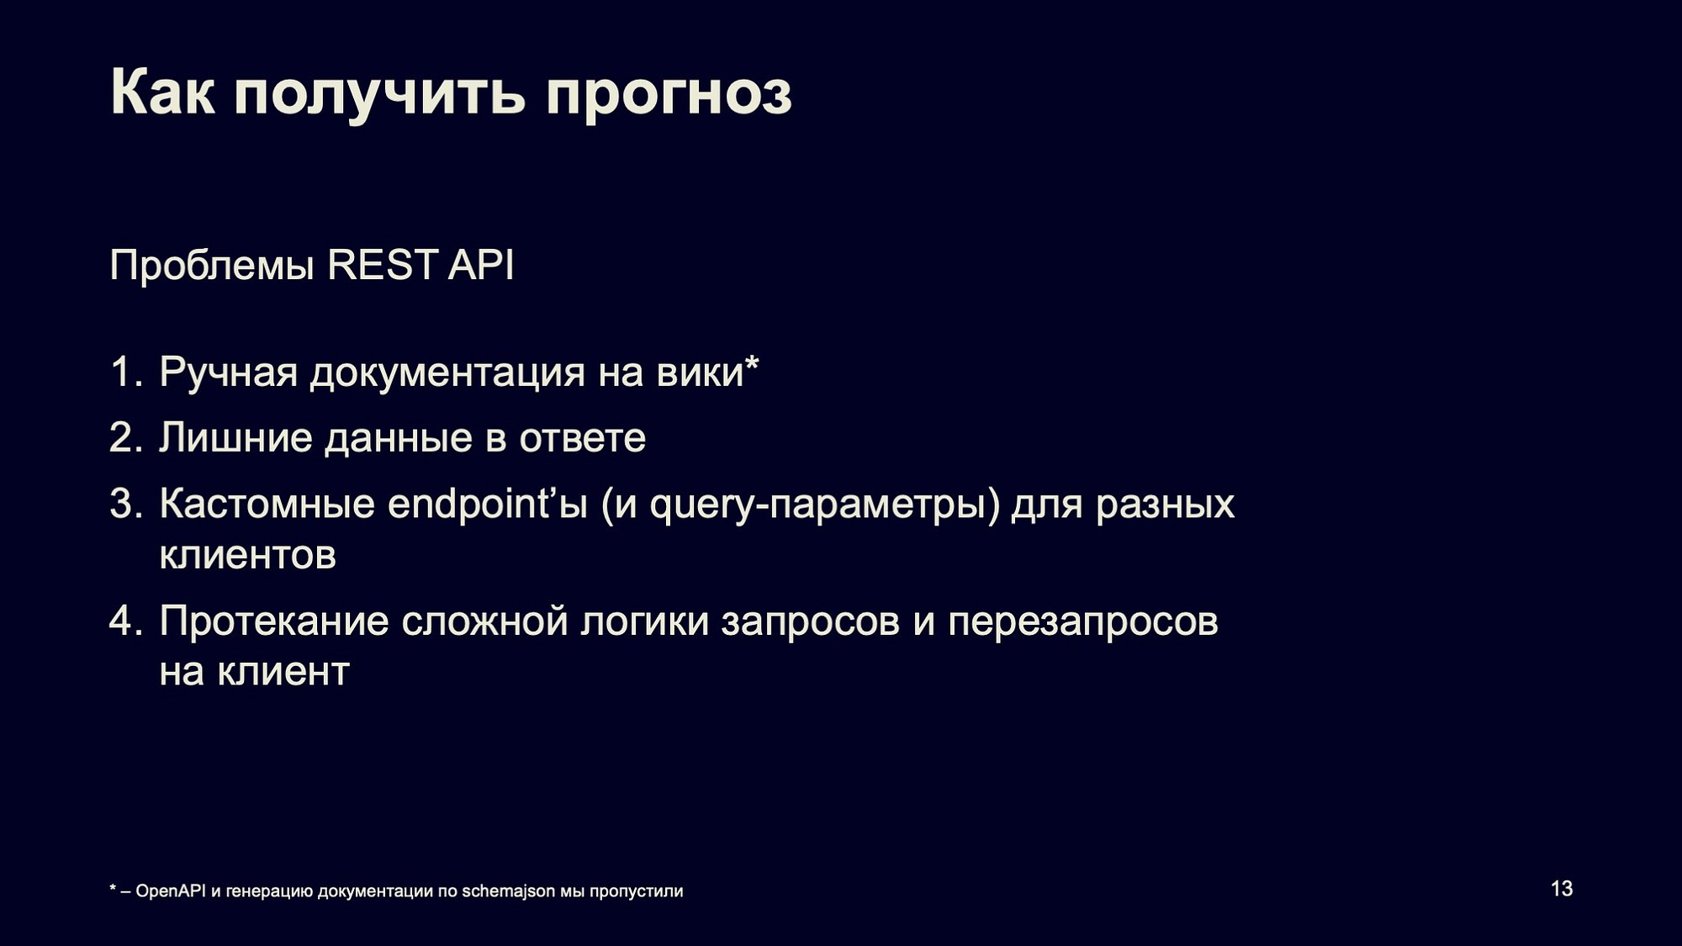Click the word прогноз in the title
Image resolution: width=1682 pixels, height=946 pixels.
point(669,94)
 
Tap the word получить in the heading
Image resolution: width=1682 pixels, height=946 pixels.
point(380,94)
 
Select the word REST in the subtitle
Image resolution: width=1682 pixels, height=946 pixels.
point(383,265)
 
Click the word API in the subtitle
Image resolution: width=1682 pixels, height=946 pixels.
point(480,265)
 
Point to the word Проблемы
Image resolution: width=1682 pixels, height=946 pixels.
point(212,265)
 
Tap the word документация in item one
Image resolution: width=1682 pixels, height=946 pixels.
point(447,373)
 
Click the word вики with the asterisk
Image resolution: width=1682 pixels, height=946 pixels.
point(708,372)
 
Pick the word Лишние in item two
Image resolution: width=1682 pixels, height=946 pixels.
point(235,438)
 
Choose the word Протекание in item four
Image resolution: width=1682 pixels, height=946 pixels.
point(274,621)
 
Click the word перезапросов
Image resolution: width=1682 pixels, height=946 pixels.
point(1083,623)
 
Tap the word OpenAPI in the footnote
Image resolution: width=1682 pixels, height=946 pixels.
point(171,891)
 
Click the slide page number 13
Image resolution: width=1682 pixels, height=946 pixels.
point(1562,889)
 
